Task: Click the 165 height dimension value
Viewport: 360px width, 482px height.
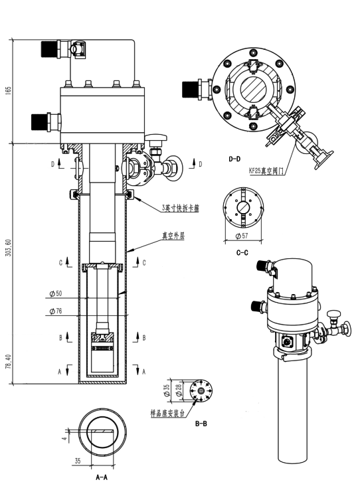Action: pos(8,90)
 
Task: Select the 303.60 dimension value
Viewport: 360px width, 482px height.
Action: pos(8,248)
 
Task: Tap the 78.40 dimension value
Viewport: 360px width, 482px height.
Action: pos(8,361)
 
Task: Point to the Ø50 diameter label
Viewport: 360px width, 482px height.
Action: pos(56,293)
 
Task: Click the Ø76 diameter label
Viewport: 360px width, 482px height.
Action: pos(56,311)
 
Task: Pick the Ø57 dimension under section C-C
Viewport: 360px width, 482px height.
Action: pos(242,236)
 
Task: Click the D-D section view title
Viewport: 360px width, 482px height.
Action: pos(234,159)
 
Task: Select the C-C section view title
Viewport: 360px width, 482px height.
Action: pos(242,253)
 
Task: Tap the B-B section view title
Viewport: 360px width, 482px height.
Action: pos(201,424)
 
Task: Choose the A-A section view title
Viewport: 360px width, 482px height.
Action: pos(102,477)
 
